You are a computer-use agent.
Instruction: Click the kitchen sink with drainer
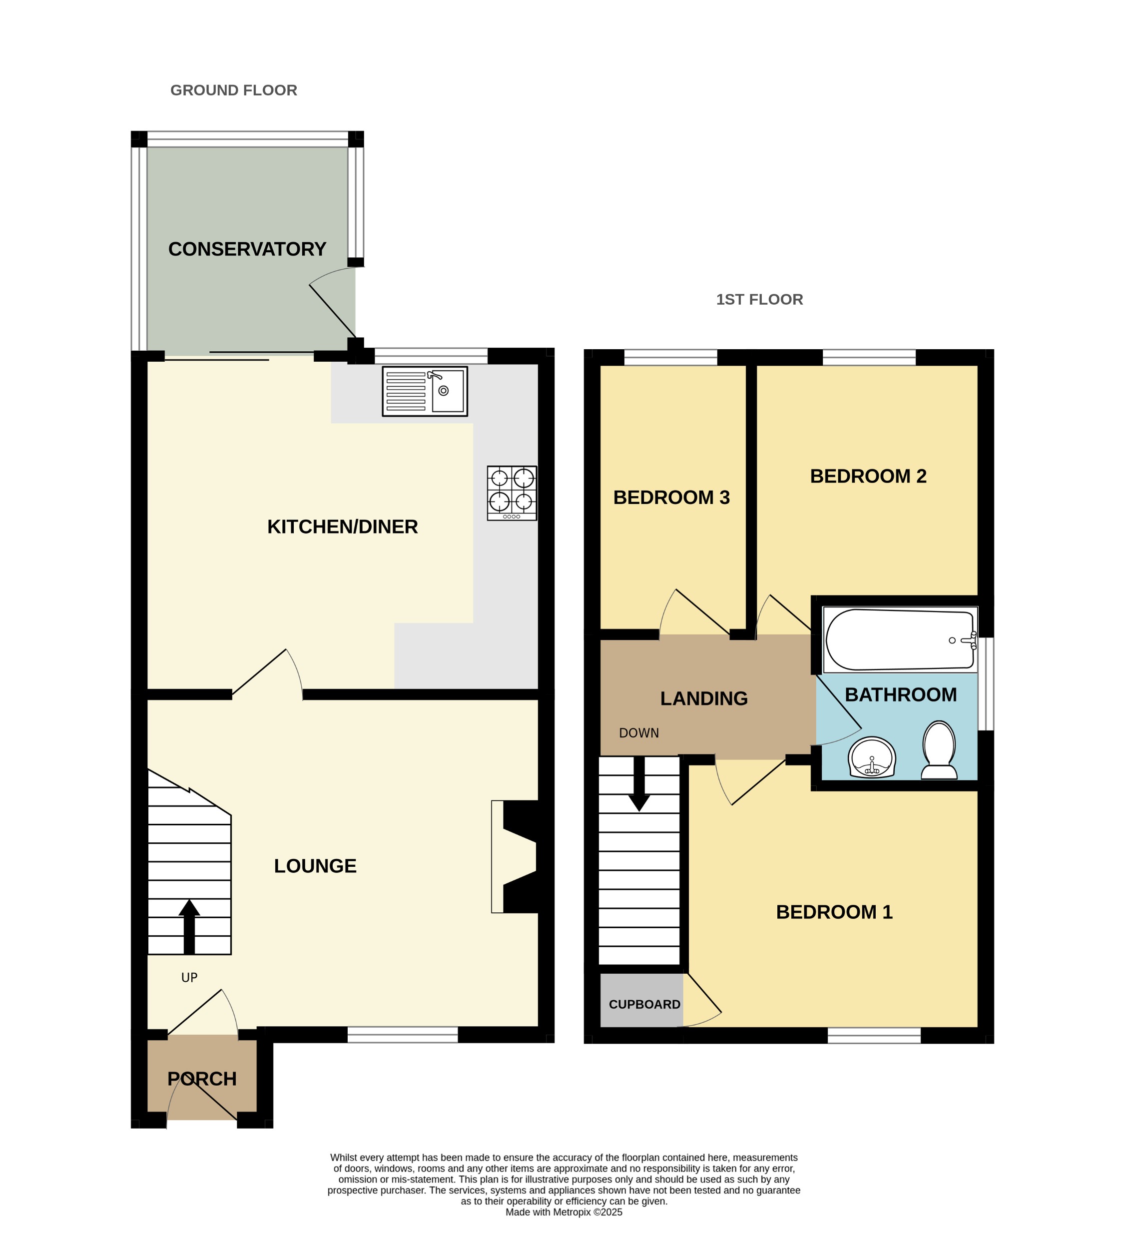pos(424,391)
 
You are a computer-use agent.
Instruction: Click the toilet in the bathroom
pos(938,750)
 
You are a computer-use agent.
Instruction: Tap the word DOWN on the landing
pos(638,733)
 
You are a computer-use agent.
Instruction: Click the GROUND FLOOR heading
pos(234,90)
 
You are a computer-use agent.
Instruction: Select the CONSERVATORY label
pos(247,249)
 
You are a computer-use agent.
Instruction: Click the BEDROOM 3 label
pos(671,498)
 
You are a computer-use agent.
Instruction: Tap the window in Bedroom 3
pos(671,357)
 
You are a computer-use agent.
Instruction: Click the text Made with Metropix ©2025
pos(563,1212)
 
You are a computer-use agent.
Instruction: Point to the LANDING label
pos(703,698)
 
